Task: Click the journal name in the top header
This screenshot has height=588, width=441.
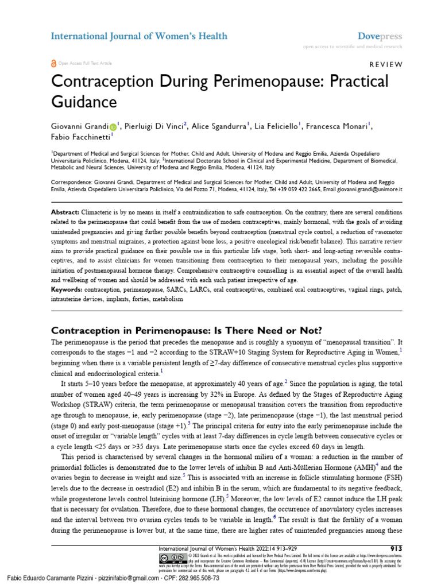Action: (131, 36)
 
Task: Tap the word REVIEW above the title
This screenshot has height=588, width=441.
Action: (381, 64)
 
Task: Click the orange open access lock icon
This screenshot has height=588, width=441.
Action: (54, 63)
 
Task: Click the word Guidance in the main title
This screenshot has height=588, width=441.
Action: (84, 102)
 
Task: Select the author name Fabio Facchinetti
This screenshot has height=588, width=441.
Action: (80, 138)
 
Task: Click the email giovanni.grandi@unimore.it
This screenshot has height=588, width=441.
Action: (368, 188)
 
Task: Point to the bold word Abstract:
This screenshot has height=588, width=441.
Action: (65, 212)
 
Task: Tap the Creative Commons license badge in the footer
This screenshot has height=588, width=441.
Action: (172, 558)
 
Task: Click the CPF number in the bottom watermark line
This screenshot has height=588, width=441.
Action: (191, 578)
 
